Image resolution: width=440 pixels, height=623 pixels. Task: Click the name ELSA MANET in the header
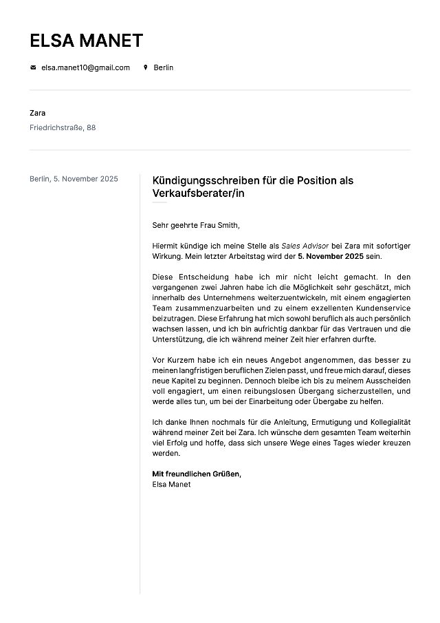[x=86, y=41]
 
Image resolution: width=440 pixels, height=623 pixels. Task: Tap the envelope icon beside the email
[x=33, y=67]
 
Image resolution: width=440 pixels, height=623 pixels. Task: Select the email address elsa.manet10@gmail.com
[x=85, y=67]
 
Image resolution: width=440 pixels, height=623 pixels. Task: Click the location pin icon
[x=145, y=67]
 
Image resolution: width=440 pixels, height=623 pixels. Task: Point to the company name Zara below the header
[x=38, y=113]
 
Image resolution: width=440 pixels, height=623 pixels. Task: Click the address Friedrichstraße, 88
[x=63, y=127]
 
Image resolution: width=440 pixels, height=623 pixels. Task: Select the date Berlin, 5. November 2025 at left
[x=74, y=179]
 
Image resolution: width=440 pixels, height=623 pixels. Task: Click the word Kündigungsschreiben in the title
[x=206, y=180]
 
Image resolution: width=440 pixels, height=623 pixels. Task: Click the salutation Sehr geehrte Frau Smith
[x=196, y=225]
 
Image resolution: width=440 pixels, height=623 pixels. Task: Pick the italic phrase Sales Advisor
[x=305, y=246]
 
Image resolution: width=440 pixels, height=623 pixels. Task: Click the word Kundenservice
[x=375, y=308]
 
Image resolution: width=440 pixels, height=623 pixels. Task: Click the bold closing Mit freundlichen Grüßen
[x=197, y=474]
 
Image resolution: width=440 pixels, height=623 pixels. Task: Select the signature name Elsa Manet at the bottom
[x=171, y=485]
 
